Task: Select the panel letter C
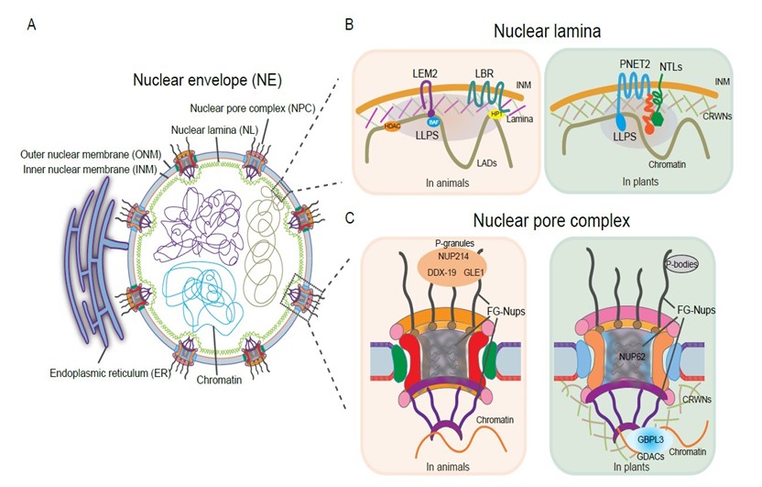coord(348,218)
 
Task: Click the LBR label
coord(484,72)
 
